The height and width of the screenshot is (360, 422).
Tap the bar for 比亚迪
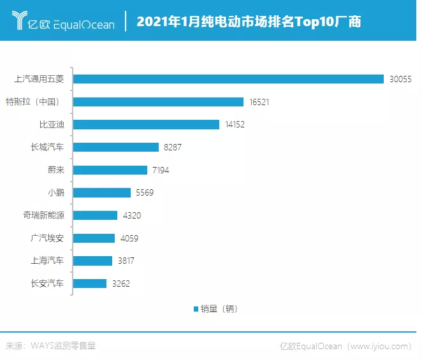pos(146,125)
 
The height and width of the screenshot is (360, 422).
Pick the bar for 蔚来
pos(110,170)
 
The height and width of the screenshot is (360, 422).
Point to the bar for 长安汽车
pos(90,284)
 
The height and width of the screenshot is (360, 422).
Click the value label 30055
pos(401,79)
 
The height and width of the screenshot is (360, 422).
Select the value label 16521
pos(260,102)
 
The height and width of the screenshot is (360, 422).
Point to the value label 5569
pos(144,192)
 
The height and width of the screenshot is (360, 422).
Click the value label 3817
pos(125,261)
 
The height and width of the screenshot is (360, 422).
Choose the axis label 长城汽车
pos(47,147)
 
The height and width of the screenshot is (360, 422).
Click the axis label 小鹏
pos(55,192)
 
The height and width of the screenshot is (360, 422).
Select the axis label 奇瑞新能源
pos(43,215)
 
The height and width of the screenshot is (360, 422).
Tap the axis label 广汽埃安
pos(47,238)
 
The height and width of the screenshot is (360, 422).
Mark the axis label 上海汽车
pos(47,261)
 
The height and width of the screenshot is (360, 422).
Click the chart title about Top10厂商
pos(249,22)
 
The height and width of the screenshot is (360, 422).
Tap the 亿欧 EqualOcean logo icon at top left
pos(19,22)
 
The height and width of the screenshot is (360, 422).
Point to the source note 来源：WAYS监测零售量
pos(51,346)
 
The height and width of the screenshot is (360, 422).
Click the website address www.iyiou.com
pos(379,346)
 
